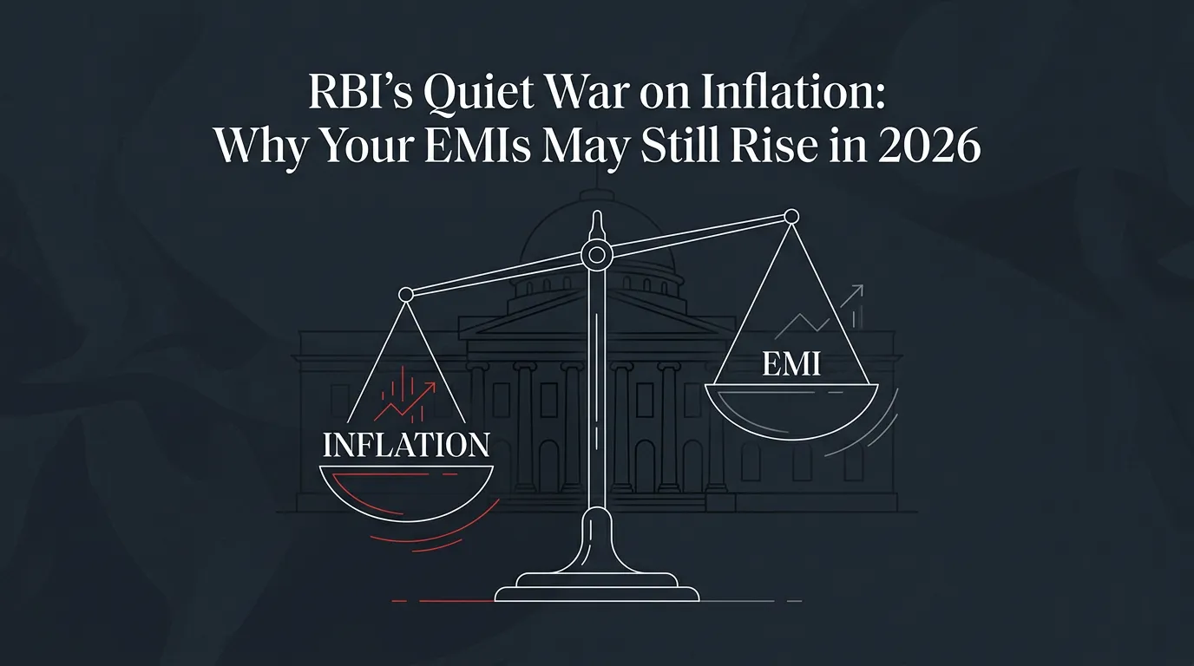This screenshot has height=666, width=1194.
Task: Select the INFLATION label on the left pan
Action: coord(406,445)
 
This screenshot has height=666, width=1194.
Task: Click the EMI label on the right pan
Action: coord(791,364)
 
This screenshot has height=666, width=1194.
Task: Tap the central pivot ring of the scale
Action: coord(597,254)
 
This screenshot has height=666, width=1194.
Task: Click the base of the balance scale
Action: coord(597,586)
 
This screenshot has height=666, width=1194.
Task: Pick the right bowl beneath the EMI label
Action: coord(791,404)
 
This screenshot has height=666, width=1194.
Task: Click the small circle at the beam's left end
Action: coord(405,296)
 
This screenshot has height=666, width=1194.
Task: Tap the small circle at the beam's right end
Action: coord(791,215)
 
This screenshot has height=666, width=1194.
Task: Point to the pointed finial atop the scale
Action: coord(597,223)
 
